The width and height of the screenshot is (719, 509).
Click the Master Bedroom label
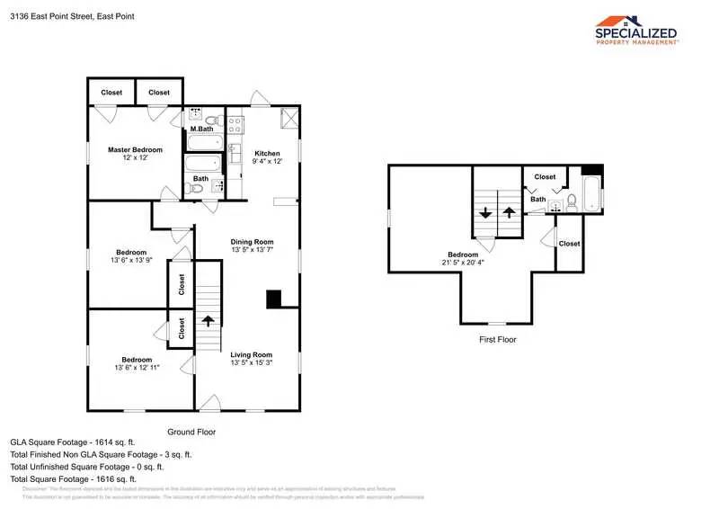tap(135, 149)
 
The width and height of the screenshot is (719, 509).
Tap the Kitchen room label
tap(267, 153)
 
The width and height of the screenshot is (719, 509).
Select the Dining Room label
tap(252, 242)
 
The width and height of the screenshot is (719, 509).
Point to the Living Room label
tap(251, 354)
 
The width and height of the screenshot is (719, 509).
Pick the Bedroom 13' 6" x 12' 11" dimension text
tap(138, 368)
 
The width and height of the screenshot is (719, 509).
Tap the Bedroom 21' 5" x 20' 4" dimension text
tap(463, 263)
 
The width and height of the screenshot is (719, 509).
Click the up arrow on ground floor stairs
tap(209, 320)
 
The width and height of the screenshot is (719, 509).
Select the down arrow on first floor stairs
tap(485, 213)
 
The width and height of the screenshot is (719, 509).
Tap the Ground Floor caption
tap(191, 432)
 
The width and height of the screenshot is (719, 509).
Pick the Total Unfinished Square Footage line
tap(86, 467)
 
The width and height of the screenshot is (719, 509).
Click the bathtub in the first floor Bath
tap(592, 194)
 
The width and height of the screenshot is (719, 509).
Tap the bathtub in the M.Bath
tap(204, 142)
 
